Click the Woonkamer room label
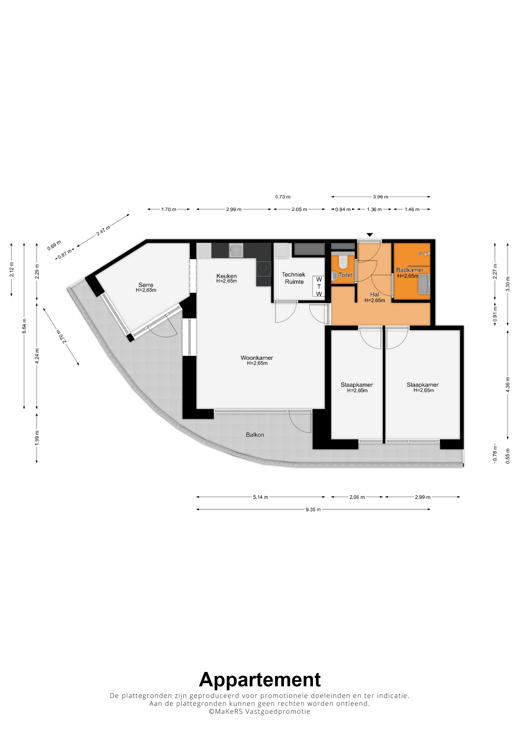pos(257,358)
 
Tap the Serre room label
pos(146,285)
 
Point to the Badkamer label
pos(410,270)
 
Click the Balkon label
pos(255,435)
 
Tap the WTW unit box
pos(319,286)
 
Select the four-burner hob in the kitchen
pos(264,268)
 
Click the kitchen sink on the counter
pos(236,250)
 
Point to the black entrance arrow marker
pos(370,235)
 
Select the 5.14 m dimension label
pos(261,497)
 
